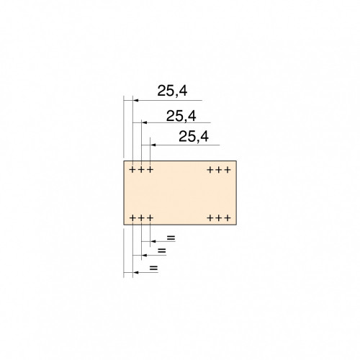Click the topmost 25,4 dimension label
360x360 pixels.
(172, 91)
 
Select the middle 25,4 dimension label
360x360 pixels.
(181, 116)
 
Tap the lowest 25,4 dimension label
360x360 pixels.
(194, 137)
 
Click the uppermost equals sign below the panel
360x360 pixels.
(171, 238)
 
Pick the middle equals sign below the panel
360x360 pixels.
(162, 251)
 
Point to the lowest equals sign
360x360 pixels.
(153, 268)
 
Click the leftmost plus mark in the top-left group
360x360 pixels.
(132, 170)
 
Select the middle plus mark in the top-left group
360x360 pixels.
(141, 170)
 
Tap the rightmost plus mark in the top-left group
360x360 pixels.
(150, 170)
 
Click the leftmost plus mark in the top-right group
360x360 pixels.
(210, 170)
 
